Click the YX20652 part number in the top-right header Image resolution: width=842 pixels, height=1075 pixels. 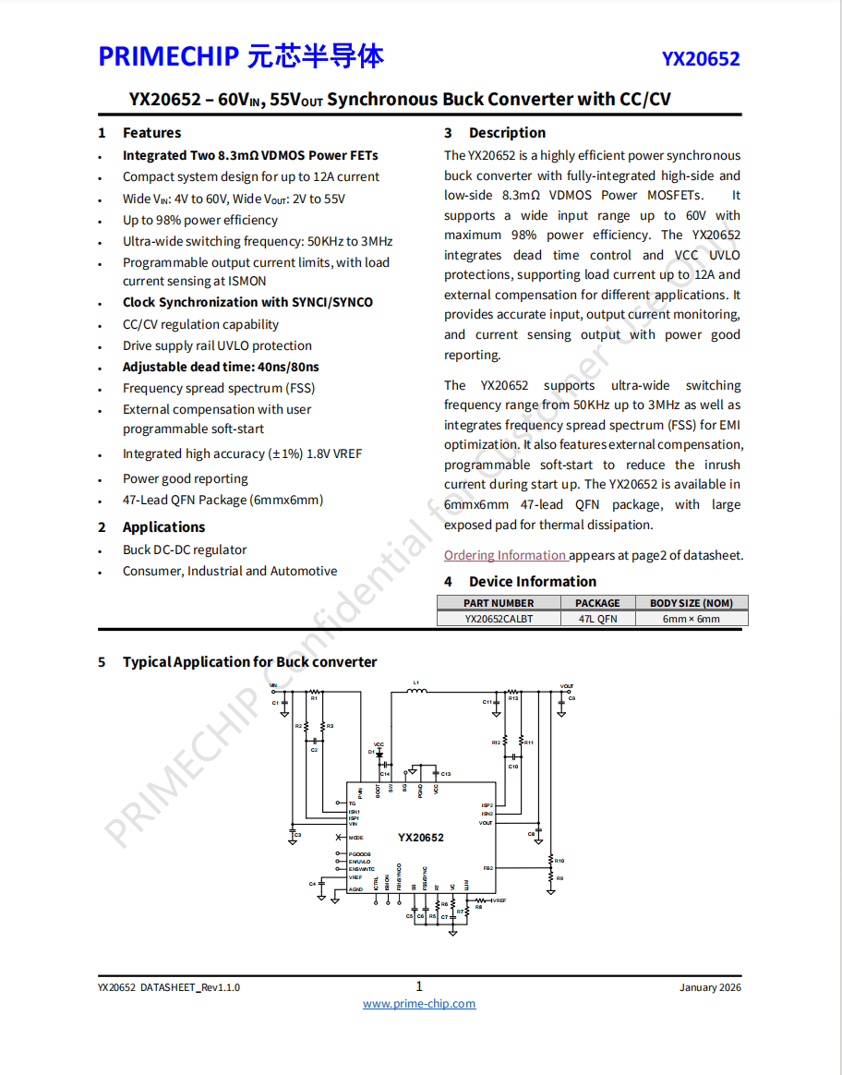(x=700, y=59)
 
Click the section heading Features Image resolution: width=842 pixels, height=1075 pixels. (x=151, y=133)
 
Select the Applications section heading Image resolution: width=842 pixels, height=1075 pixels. (x=163, y=527)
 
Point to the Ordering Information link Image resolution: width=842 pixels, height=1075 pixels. (x=505, y=555)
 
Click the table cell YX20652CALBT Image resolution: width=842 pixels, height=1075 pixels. (x=499, y=619)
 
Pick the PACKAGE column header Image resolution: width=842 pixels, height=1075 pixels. (x=597, y=603)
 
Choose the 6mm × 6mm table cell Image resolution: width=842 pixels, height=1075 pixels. (x=691, y=619)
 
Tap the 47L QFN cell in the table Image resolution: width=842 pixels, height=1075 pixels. (x=597, y=619)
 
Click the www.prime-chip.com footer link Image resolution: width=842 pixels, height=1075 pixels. (x=419, y=1004)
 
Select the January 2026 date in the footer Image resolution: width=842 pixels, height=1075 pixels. (x=710, y=987)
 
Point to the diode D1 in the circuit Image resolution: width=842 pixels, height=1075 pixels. (x=379, y=754)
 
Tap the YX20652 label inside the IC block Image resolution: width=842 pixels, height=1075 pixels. (x=421, y=838)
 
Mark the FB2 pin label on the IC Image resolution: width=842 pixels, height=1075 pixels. (x=487, y=868)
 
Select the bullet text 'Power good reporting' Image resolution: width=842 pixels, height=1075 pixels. (x=185, y=478)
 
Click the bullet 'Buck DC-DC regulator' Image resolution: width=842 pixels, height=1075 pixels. (x=185, y=550)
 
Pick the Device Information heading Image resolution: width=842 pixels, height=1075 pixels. (x=532, y=582)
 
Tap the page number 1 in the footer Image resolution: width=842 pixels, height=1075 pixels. (x=419, y=986)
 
